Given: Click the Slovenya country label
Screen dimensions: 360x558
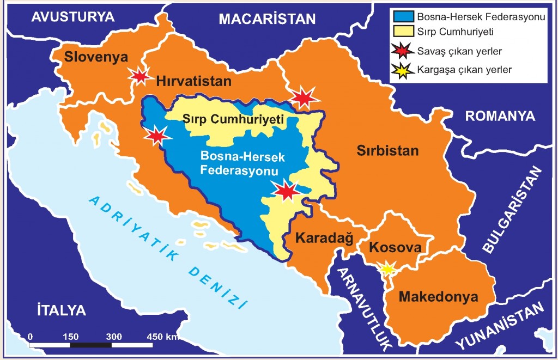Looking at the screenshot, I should [x=96, y=57].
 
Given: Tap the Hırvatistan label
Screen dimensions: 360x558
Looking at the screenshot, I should [x=193, y=81].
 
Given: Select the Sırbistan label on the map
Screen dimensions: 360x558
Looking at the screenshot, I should [x=387, y=151].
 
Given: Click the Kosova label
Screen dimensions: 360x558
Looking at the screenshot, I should [x=395, y=247].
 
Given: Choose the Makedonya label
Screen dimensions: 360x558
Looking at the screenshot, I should [x=438, y=297].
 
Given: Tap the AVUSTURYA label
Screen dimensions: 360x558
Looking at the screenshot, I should [x=73, y=17].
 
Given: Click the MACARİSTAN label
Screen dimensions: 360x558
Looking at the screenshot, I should [x=267, y=19].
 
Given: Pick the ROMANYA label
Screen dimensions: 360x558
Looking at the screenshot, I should [x=500, y=116].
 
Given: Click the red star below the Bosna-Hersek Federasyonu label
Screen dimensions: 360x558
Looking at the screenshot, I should [x=287, y=191].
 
